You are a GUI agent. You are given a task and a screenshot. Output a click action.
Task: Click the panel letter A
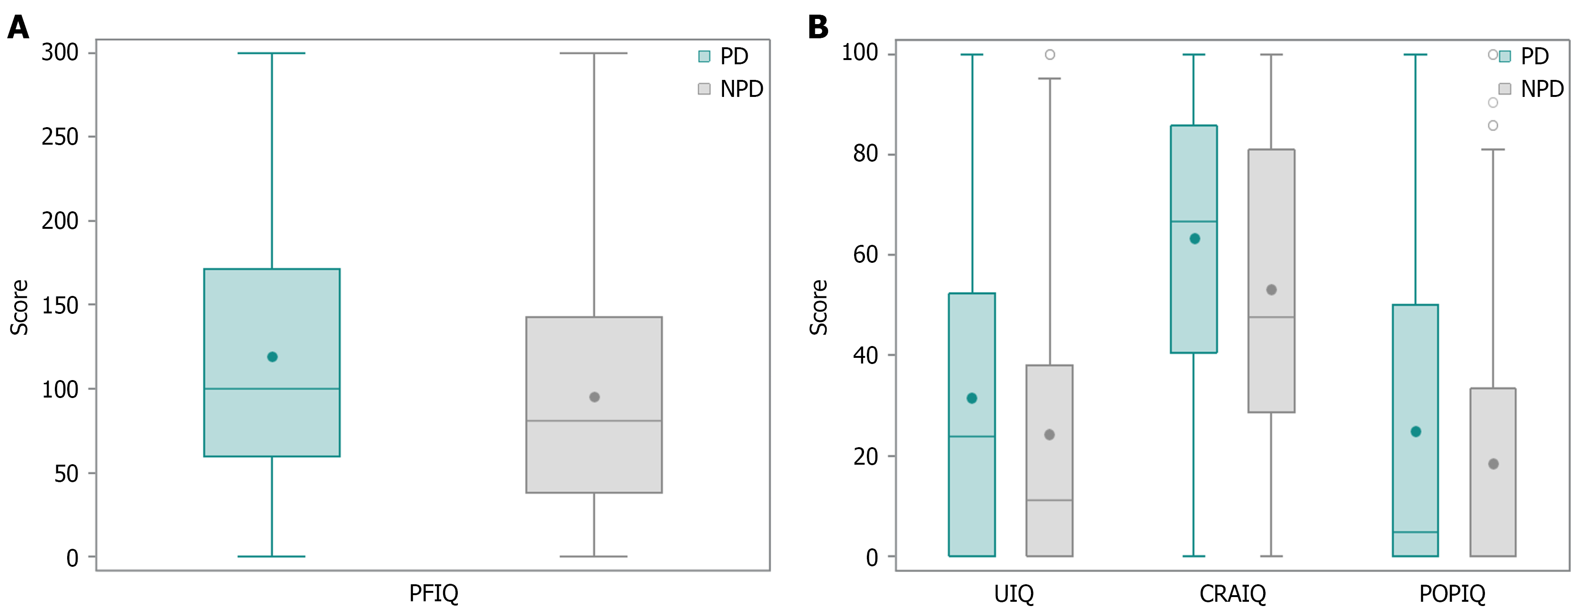coord(18,27)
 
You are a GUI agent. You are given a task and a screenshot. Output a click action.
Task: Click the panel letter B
coord(818,27)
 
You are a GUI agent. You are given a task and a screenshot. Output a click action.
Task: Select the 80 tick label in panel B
coord(865,154)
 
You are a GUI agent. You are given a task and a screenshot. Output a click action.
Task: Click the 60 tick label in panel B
coord(865,255)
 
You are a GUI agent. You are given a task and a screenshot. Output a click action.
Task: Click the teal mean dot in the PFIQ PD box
coord(272,356)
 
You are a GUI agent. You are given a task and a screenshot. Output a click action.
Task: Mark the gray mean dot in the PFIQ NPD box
coord(594,397)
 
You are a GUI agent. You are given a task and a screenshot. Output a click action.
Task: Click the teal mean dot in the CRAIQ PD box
coord(1195,239)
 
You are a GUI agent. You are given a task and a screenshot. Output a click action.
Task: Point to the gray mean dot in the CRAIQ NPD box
coord(1272,289)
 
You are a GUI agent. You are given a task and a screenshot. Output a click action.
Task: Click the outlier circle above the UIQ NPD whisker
coord(1049,55)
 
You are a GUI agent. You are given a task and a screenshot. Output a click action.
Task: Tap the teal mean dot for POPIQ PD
coord(1416,432)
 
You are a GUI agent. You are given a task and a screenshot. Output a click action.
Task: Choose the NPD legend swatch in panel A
coord(704,89)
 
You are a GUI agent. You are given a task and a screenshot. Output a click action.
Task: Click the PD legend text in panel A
coord(733,57)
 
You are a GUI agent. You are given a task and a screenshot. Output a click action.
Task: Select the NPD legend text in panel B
coord(1542,89)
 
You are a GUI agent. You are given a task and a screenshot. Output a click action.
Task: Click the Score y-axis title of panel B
coord(819,307)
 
